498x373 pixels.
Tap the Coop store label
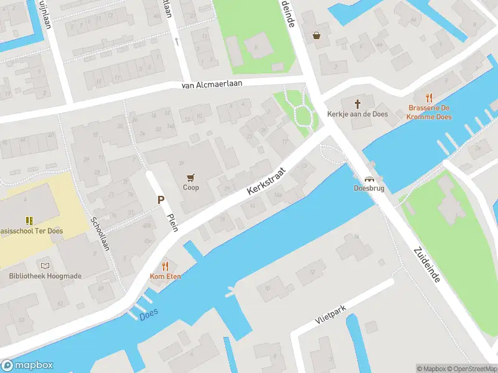pos(191,187)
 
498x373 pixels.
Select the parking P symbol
pos(161,200)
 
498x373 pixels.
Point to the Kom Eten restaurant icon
pos(165,266)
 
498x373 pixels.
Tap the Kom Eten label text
pos(165,276)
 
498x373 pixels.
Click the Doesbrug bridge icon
pos(369,178)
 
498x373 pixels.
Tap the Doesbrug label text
pos(369,187)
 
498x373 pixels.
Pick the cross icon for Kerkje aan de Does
pos(358,104)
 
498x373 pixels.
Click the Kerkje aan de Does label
pos(358,114)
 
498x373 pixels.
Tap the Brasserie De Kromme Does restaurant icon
pos(428,98)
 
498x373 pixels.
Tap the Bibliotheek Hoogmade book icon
pos(44,265)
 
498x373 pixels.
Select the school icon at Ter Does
pos(29,220)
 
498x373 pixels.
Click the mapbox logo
pos(27,366)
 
